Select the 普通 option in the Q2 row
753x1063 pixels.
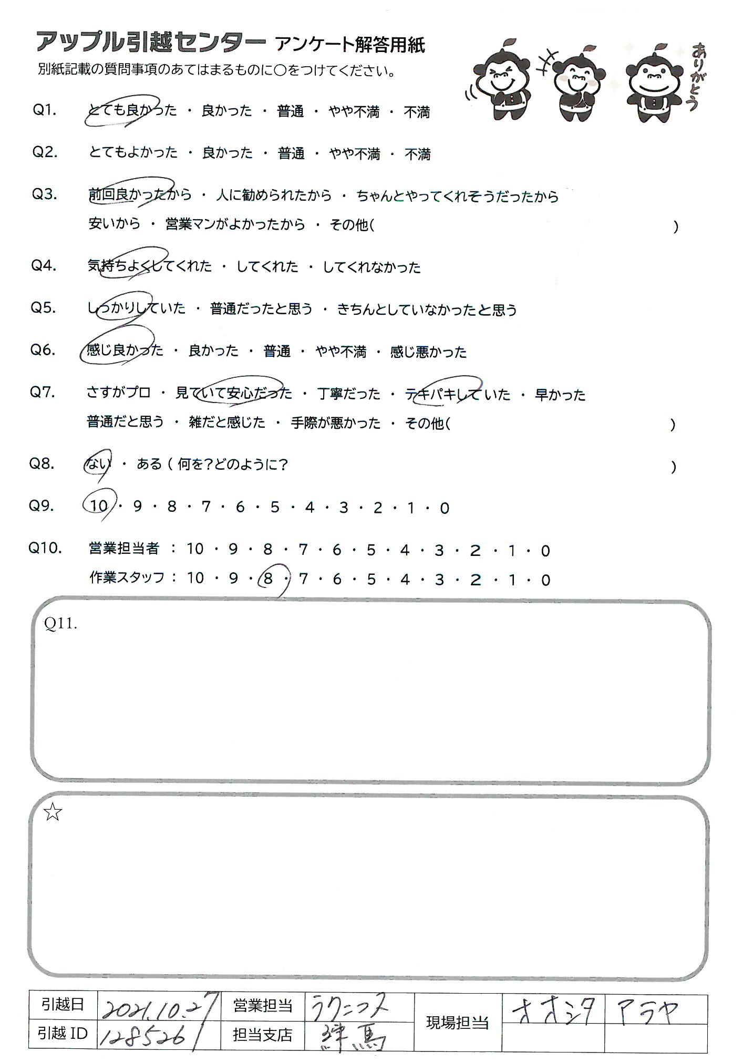(291, 153)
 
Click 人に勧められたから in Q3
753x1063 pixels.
(274, 195)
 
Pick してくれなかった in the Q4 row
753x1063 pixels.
(372, 267)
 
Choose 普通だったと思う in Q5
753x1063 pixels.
(261, 309)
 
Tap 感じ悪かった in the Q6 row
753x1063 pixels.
(428, 352)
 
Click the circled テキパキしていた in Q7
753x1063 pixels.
(457, 394)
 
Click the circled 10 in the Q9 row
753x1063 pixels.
(99, 506)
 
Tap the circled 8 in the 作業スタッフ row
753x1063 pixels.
(269, 579)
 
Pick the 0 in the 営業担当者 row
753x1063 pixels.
(545, 551)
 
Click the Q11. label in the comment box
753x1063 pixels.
(61, 624)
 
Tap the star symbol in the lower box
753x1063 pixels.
(53, 813)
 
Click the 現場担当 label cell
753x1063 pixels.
(457, 1023)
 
